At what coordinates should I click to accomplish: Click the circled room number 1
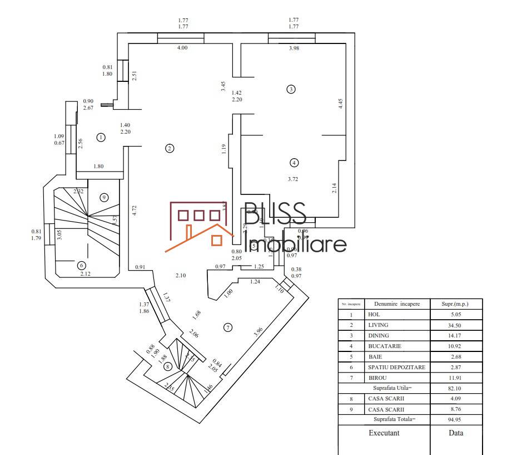coord(101,137)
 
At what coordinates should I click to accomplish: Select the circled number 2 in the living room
coord(170,148)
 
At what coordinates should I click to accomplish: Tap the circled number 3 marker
coord(290,89)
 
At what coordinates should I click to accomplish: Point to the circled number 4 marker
coord(294,163)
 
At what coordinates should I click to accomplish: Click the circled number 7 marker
coord(227,327)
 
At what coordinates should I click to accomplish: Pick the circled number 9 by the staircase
coord(103,197)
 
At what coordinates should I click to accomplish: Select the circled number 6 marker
coord(81,265)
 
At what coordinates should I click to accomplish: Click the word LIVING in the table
coord(378,325)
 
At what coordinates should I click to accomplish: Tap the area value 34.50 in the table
coord(456,325)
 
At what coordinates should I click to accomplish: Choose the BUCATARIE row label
coord(385,346)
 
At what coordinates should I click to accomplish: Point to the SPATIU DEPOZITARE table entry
coord(396,367)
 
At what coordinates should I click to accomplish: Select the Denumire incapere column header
coord(397,304)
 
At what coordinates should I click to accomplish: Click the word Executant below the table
coord(384,433)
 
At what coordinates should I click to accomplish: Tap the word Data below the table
coord(456,433)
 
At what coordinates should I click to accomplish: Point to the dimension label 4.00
coord(182,48)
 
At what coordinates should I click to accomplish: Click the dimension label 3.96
coord(258,331)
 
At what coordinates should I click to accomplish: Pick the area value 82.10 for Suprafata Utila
coord(456,388)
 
